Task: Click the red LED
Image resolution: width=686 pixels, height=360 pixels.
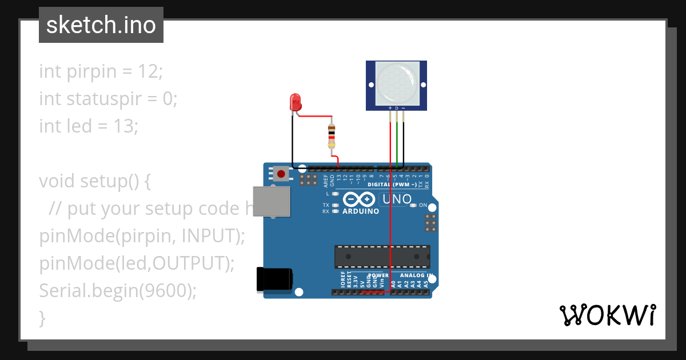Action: pos(296,102)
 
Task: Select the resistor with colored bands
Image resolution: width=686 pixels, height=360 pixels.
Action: pos(332,137)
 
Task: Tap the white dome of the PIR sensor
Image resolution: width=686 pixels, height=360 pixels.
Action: pos(396,84)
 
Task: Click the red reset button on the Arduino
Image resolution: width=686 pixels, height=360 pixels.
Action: pos(281,173)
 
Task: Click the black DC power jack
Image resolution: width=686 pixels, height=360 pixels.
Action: pos(274,279)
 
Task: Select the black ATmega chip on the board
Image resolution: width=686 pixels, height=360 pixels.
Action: pos(382,257)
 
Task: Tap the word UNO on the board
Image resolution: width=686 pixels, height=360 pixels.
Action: pos(397,199)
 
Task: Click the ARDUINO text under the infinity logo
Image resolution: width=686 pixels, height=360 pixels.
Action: pos(361,211)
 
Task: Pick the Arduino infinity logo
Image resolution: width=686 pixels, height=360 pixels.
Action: pos(359,199)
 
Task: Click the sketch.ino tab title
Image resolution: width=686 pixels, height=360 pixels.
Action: pos(101,25)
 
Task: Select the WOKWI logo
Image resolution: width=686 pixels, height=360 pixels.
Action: pos(607,315)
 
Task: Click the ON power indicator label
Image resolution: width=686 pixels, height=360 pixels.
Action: pos(423,205)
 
